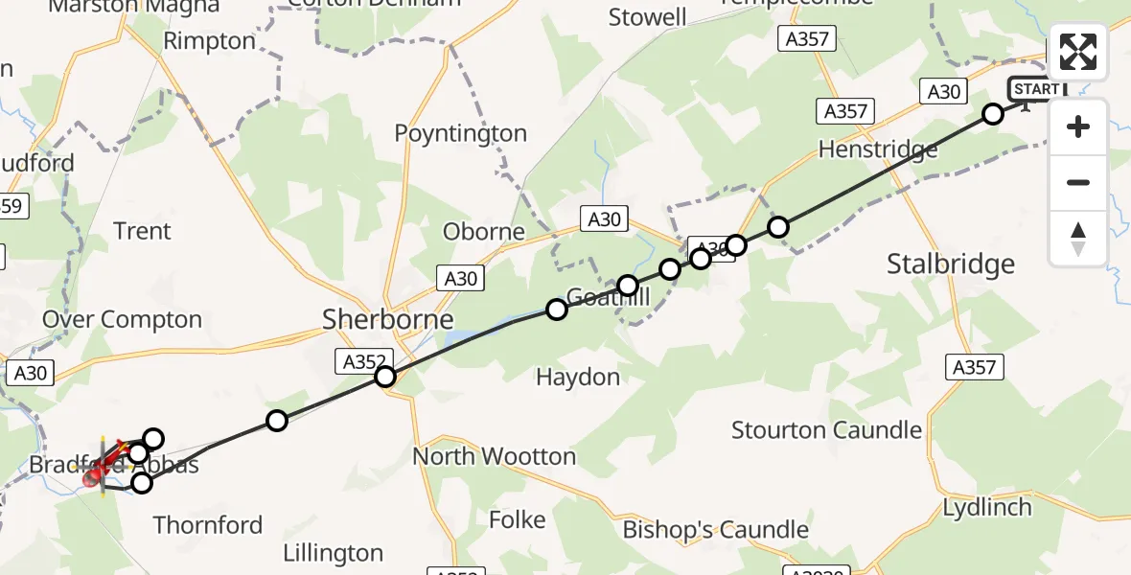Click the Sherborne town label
point(387,319)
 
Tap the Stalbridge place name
point(950,264)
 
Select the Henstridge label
point(877,150)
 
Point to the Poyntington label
point(460,134)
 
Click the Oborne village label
point(483,232)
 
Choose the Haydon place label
point(578,378)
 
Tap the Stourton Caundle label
point(826,430)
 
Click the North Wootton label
point(494,456)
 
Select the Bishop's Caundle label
point(715,530)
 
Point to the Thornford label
point(207,525)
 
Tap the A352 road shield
point(363,361)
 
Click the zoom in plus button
point(1078,126)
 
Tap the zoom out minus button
point(1078,182)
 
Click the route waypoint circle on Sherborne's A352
point(384,377)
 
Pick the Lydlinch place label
point(986,507)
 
